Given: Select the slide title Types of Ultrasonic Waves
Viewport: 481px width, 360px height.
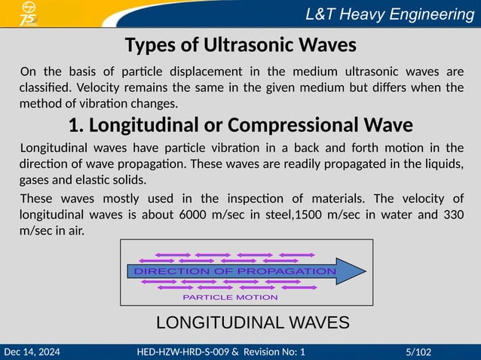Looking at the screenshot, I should coord(240,45).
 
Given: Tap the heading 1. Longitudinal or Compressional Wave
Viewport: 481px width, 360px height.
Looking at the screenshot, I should coord(240,124).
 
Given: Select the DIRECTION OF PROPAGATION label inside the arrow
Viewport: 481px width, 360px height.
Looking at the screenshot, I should coord(234,271).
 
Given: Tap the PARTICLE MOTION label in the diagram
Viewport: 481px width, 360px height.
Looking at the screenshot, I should coord(230,297).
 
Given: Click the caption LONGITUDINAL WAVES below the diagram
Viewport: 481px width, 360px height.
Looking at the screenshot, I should coord(252,323).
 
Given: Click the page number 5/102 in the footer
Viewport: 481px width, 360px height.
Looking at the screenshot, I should coord(418,352).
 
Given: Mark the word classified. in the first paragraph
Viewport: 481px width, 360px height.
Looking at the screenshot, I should coord(46,88).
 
